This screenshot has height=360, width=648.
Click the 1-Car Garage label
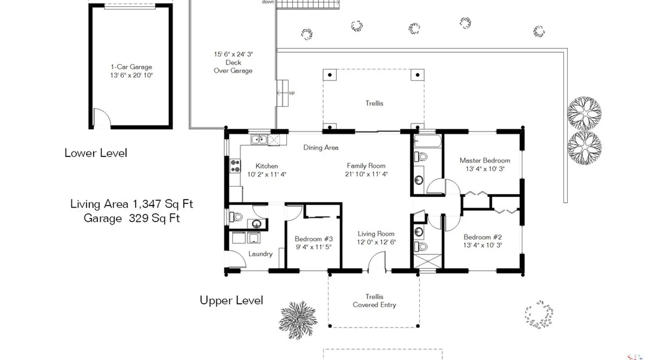(131, 67)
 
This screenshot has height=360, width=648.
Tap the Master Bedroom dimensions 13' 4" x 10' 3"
(485, 169)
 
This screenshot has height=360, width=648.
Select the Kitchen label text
(267, 166)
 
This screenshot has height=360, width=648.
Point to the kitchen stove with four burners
(235, 166)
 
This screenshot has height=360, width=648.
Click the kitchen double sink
(259, 139)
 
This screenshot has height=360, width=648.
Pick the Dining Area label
(321, 148)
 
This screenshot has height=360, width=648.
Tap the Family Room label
(366, 166)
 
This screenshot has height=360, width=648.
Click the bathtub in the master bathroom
(427, 141)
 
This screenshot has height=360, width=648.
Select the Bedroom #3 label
(314, 239)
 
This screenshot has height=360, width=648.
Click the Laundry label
(260, 254)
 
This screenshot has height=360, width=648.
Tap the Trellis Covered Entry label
(374, 301)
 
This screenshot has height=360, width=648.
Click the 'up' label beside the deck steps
(292, 93)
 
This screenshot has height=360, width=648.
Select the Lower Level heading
(96, 153)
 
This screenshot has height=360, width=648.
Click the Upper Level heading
(231, 301)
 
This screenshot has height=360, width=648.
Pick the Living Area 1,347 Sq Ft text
(132, 204)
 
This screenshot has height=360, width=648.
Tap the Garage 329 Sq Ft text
(132, 219)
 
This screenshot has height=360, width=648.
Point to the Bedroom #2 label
(482, 237)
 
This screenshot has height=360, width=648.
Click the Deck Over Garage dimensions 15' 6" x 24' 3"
(233, 54)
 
